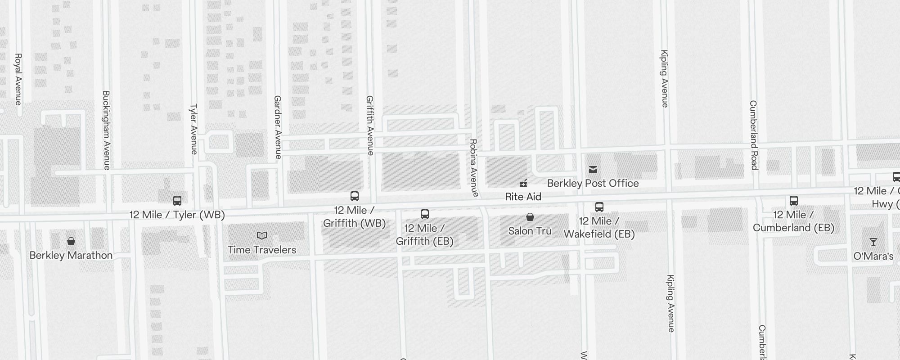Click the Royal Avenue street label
tap(18, 79)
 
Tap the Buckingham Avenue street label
tap(106, 130)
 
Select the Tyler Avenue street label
tap(194, 129)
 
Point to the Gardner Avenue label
tap(278, 127)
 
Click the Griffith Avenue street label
tap(370, 126)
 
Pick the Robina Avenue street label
tap(473, 168)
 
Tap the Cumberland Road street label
tap(754, 135)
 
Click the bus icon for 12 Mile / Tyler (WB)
tap(177, 201)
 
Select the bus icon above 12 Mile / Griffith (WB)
tap(355, 196)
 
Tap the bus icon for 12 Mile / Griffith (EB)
tap(424, 214)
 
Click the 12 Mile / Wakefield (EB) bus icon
tap(599, 207)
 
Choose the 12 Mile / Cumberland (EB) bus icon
tap(794, 201)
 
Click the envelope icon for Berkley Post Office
tap(593, 170)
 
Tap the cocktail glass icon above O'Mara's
tap(873, 243)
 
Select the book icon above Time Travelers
tap(262, 236)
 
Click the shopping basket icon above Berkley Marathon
tap(71, 242)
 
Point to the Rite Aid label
tap(523, 197)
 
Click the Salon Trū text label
tap(530, 231)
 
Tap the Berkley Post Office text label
tap(593, 184)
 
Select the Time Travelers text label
tap(262, 250)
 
